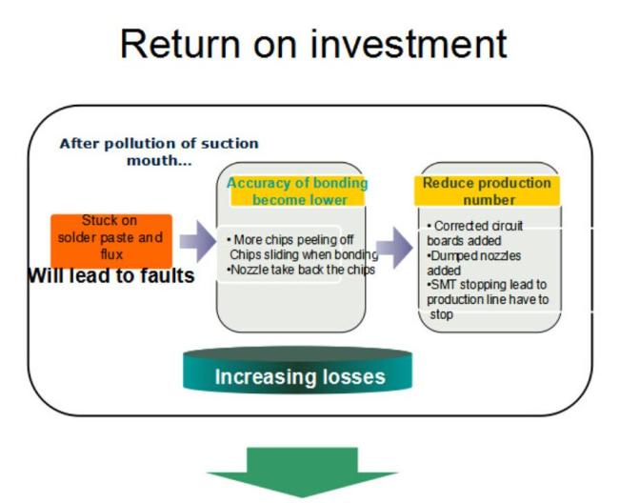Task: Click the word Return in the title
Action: click(x=180, y=44)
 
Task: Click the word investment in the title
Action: click(x=409, y=44)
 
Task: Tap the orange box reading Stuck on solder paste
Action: click(x=111, y=241)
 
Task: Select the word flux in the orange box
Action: click(x=111, y=254)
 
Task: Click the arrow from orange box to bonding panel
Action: click(x=198, y=241)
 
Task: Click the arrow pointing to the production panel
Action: click(x=394, y=248)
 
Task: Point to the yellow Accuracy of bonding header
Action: click(x=297, y=191)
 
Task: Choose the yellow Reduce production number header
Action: click(x=488, y=191)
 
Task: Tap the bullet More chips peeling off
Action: click(x=290, y=240)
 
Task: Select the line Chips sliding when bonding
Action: click(x=304, y=254)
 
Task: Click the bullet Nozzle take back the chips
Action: click(x=301, y=270)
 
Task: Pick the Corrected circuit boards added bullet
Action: click(x=474, y=233)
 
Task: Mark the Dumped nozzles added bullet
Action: click(x=473, y=263)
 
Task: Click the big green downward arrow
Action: click(x=302, y=472)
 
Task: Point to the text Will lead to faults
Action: click(x=111, y=275)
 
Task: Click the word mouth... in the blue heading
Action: click(x=159, y=160)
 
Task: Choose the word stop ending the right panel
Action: click(x=441, y=314)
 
